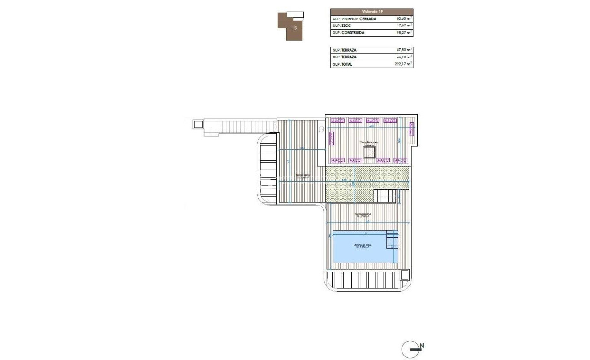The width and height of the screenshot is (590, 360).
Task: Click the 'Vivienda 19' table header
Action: click(371, 12)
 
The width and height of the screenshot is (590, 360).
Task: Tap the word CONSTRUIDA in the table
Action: click(353, 33)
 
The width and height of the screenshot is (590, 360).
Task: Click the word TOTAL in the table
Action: click(347, 64)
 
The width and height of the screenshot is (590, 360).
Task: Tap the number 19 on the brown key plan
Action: click(294, 28)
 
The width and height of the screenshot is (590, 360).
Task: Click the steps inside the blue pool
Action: click(392, 239)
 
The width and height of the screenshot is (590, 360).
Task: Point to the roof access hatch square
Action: click(369, 153)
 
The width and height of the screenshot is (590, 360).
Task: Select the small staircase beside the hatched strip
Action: click(385, 196)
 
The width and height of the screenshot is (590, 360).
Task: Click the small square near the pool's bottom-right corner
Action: click(404, 274)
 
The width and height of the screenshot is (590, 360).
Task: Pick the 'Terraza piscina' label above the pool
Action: click(363, 215)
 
